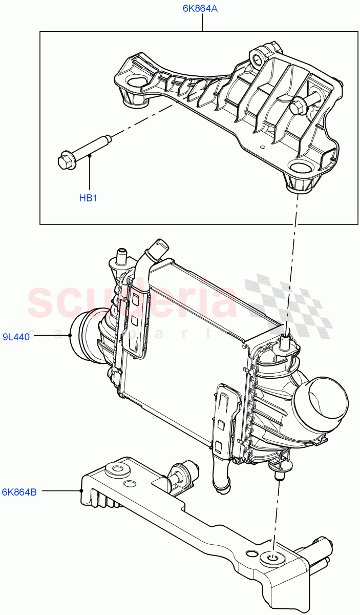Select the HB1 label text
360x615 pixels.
click(x=88, y=198)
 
